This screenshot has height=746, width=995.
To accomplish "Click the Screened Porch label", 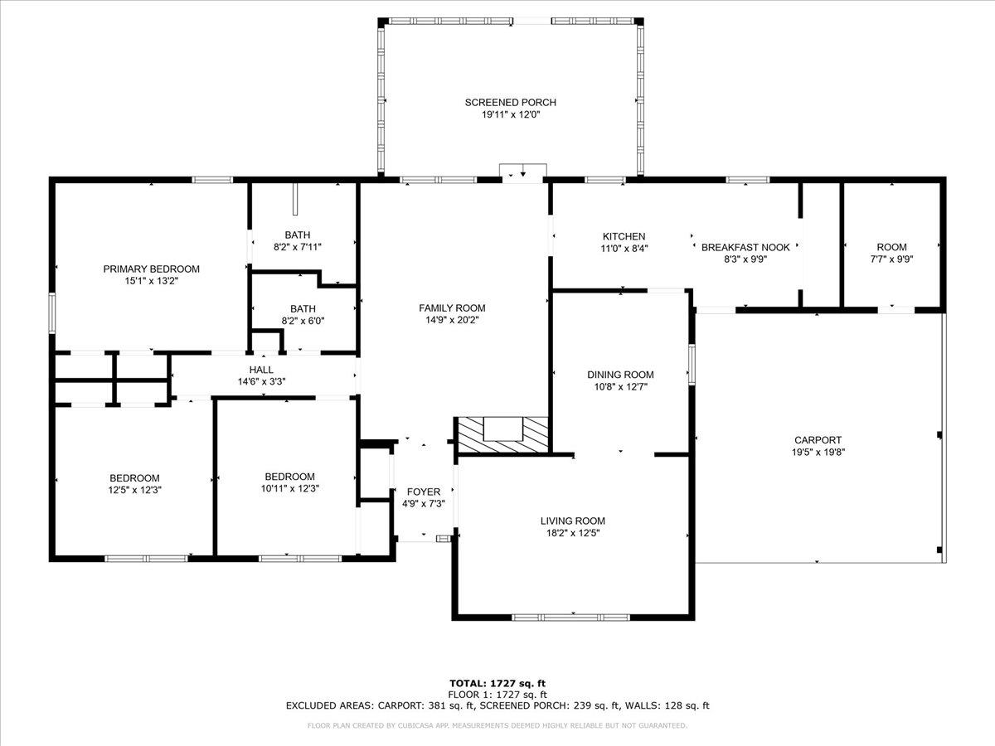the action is (511, 102).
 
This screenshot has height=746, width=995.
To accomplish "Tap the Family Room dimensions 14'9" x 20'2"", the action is (452, 320).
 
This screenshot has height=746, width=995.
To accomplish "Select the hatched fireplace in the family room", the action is (502, 435).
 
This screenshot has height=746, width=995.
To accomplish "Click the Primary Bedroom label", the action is (152, 269).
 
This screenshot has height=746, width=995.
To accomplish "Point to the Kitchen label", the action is (624, 236).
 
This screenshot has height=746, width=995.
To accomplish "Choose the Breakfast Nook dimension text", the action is (745, 259).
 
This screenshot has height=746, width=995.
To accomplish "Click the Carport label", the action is (818, 440).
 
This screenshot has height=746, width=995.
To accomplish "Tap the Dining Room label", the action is (620, 375).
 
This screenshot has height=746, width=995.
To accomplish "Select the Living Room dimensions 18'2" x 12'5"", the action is (573, 533).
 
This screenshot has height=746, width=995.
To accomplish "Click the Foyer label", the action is (424, 492).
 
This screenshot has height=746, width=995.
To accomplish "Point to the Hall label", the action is (261, 370).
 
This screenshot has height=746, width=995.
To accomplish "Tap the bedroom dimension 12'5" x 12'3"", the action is (134, 490).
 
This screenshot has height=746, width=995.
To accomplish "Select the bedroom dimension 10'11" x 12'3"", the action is (289, 489).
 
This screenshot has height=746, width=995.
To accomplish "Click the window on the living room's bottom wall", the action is (570, 617).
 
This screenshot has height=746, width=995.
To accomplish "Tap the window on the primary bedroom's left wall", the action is (52, 313).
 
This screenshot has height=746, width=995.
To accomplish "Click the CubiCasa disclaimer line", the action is (498, 725).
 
